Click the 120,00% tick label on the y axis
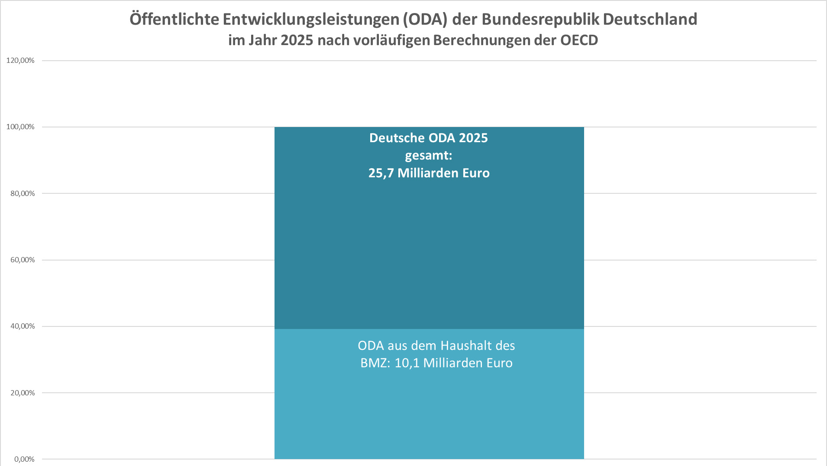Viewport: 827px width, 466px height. click(x=20, y=60)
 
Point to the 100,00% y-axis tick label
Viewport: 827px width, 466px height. click(x=20, y=127)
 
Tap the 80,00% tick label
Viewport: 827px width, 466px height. click(x=23, y=193)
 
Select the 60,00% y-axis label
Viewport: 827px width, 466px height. click(x=23, y=260)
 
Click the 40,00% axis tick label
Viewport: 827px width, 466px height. click(x=23, y=326)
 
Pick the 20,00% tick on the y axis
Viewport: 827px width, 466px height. click(x=23, y=393)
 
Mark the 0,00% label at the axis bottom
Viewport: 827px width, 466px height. click(x=24, y=459)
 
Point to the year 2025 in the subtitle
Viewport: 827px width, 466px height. click(x=297, y=40)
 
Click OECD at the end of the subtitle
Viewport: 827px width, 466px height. click(x=579, y=40)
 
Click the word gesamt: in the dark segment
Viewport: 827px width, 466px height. click(x=429, y=155)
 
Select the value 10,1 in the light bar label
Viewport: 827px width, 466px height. click(x=407, y=363)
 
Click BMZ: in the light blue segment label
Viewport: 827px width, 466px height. click(x=375, y=363)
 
